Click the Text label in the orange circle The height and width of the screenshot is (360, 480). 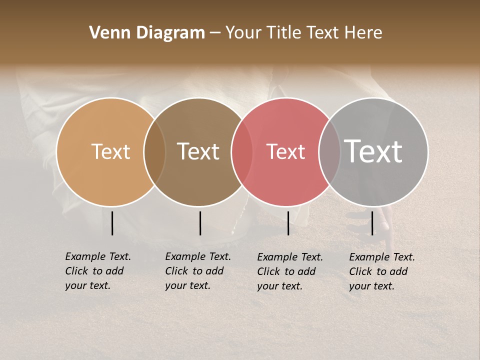110,151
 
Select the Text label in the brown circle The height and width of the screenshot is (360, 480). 198,151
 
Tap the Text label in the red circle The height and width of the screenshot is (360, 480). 285,151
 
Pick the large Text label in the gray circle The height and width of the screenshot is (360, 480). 373,151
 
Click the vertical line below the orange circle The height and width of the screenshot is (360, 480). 112,223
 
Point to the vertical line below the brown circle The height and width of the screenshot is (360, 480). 200,223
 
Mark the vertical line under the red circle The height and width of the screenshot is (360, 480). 288,223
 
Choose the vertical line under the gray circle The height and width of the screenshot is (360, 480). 372,223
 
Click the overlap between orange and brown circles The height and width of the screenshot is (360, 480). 155,152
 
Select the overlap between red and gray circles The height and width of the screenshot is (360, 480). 329,152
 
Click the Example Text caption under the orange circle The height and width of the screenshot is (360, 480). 97,271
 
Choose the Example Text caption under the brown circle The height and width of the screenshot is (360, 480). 197,271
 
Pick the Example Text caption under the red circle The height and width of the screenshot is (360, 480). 289,271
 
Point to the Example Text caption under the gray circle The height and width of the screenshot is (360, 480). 381,271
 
